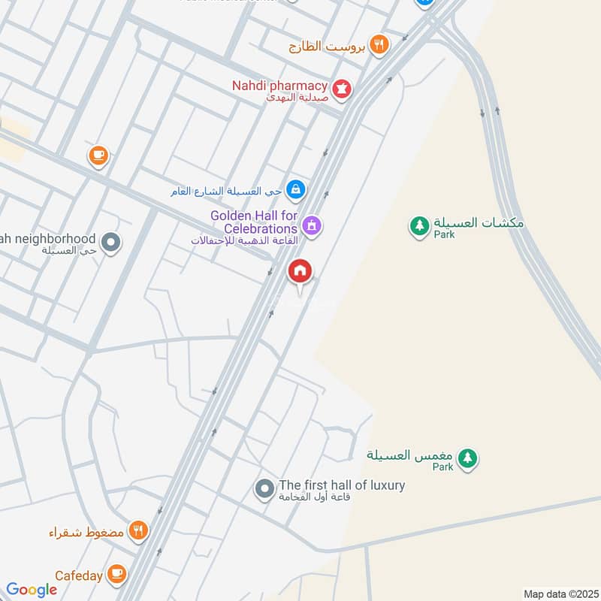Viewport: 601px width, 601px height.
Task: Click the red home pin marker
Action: (x=300, y=271)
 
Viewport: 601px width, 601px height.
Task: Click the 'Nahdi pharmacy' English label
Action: (x=279, y=86)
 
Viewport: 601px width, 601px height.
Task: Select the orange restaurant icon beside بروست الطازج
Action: (x=379, y=46)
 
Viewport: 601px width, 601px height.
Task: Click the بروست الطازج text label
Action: (x=327, y=47)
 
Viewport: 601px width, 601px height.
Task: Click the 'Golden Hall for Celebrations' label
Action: (x=254, y=222)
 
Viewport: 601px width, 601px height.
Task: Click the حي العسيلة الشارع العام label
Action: (x=226, y=191)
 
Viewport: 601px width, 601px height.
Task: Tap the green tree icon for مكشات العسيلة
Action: (x=418, y=224)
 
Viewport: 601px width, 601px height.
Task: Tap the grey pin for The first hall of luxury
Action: (x=264, y=489)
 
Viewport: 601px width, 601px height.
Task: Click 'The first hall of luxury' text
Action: (x=342, y=485)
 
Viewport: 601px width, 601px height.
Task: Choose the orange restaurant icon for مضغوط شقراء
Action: (x=137, y=531)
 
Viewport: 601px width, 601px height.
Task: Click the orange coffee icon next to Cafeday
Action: (x=116, y=575)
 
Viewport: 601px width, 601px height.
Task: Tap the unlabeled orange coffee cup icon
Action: (x=98, y=156)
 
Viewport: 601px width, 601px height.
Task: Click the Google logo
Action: (x=32, y=590)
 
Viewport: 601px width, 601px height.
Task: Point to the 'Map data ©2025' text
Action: (x=560, y=593)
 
